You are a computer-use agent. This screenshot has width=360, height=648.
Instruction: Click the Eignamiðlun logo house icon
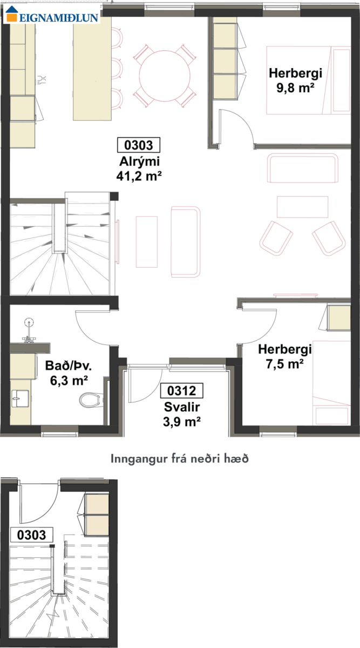(11, 13)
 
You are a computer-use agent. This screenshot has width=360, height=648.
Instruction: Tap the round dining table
(165, 76)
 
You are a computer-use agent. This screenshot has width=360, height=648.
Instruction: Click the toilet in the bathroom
(91, 400)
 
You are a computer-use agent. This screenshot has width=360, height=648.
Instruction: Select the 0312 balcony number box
(181, 390)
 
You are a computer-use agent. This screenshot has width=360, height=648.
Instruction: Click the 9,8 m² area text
(295, 87)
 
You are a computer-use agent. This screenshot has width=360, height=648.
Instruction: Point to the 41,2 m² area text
(139, 176)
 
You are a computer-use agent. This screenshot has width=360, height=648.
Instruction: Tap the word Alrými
(139, 161)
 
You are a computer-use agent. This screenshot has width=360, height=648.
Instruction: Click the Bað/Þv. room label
(69, 366)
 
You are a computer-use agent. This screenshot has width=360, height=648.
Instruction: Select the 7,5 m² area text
(284, 364)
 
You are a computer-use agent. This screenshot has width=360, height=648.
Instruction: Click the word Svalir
(182, 407)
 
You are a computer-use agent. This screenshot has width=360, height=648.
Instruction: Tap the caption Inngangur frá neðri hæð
(180, 459)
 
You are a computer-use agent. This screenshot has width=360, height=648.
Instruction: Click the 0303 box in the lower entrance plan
(31, 535)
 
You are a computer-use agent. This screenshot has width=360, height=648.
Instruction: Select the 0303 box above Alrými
(139, 145)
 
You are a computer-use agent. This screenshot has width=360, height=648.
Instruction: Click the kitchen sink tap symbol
(42, 80)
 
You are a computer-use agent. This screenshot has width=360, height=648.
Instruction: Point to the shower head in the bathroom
(29, 322)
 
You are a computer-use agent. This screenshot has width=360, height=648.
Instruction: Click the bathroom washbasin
(20, 399)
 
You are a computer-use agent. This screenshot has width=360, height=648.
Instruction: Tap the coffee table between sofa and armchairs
(302, 207)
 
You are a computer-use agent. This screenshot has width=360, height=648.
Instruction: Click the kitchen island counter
(92, 69)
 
